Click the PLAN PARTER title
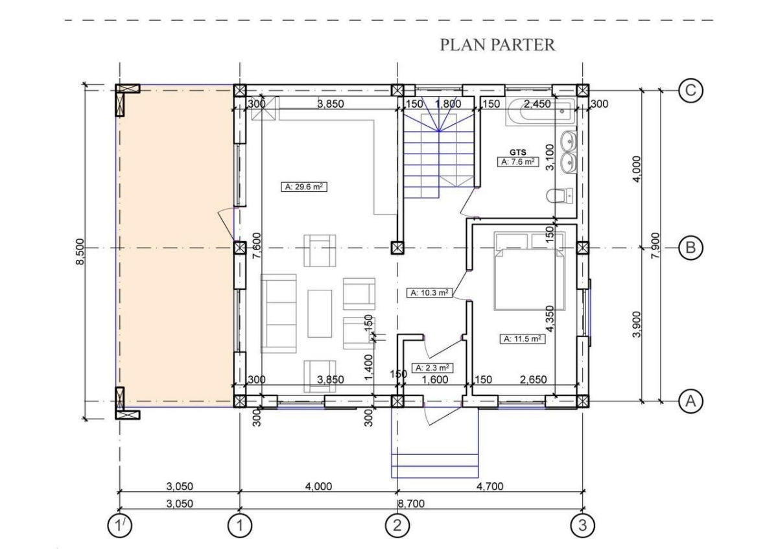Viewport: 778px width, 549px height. [497, 45]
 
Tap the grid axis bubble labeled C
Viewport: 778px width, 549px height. [690, 91]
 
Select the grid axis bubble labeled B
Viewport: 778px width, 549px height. [690, 248]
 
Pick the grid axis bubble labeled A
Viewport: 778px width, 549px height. [690, 401]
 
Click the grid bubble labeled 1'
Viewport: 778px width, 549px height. [119, 525]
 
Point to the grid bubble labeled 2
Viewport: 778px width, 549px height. [397, 525]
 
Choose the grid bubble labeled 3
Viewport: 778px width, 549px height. [582, 525]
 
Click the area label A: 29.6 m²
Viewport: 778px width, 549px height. [304, 187]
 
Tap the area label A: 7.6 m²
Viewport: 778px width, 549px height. [517, 162]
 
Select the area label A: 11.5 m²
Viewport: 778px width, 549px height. [523, 338]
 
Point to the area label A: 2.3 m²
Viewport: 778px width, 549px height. [432, 368]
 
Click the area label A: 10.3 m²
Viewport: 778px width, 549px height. [430, 293]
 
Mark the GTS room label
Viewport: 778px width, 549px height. [517, 152]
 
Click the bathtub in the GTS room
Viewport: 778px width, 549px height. [541, 111]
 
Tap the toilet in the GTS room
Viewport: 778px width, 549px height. [560, 196]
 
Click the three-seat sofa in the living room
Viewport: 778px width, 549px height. [279, 314]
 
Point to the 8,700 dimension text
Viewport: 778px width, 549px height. [411, 504]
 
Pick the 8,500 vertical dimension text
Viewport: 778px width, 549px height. [80, 251]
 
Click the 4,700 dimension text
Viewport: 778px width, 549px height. [489, 486]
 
